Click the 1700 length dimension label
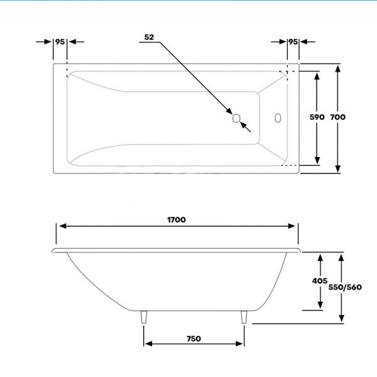(176, 220)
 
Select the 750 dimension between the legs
(194, 339)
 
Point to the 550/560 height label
(346, 288)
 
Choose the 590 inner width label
(317, 117)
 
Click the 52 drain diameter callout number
(149, 37)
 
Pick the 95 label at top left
(60, 41)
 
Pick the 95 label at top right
(293, 41)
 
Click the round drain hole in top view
(236, 117)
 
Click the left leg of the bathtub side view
(145, 317)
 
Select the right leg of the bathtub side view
(244, 317)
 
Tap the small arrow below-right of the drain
(246, 128)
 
